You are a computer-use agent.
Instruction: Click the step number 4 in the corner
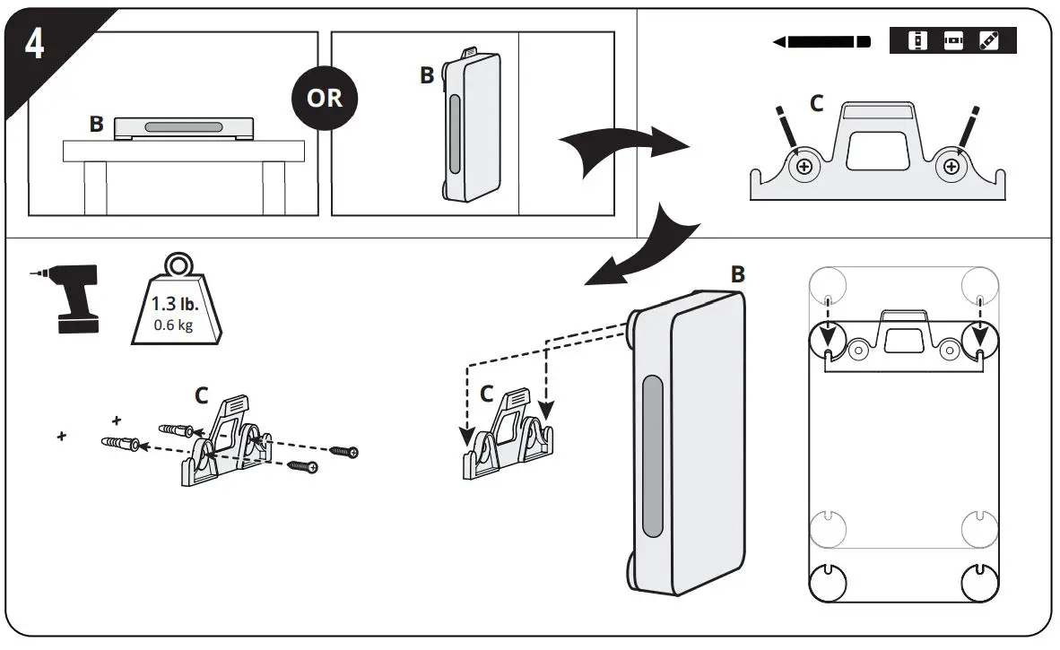pos(34,44)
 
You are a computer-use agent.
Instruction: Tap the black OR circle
pos(324,97)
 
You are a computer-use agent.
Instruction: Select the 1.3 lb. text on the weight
pos(177,304)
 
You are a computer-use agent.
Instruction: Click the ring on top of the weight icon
pos(178,266)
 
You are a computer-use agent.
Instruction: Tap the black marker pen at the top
pos(821,41)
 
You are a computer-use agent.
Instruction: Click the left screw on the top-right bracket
pos(804,166)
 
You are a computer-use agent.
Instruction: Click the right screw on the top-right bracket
pos(948,166)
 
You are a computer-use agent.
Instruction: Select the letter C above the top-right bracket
pos(816,104)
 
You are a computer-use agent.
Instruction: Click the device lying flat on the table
pos(180,127)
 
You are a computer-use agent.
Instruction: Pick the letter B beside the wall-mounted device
pos(427,76)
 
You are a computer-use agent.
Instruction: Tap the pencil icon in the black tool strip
pos(988,41)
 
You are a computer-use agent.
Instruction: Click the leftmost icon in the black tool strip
pos(917,41)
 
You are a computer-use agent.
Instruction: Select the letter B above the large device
pos(737,274)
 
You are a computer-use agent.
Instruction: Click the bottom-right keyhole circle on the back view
pos(978,584)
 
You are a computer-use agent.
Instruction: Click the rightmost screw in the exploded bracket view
pos(344,452)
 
